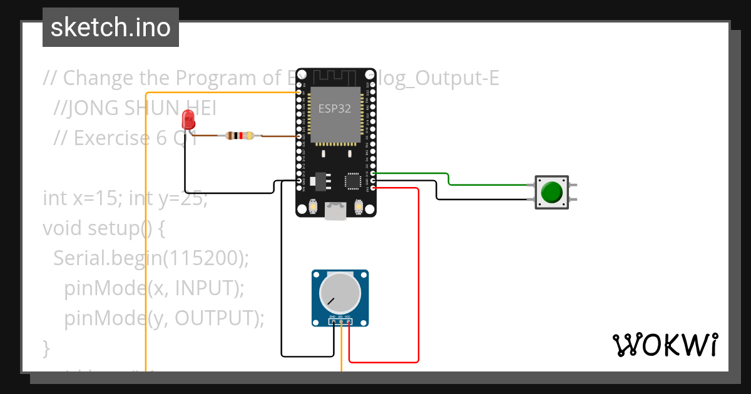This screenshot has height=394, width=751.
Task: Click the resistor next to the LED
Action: (x=240, y=135)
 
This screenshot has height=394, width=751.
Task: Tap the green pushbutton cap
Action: (x=551, y=192)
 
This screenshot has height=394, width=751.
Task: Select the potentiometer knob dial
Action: (x=340, y=293)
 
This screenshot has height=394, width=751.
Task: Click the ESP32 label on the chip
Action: (x=335, y=108)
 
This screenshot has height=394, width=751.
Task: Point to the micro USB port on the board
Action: (x=336, y=211)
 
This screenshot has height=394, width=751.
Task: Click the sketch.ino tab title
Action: (x=111, y=28)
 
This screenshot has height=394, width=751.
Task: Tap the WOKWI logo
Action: (x=665, y=345)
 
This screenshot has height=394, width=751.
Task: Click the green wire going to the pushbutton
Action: (x=488, y=184)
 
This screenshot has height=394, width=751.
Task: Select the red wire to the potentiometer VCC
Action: (x=417, y=281)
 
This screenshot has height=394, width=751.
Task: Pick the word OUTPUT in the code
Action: (x=213, y=318)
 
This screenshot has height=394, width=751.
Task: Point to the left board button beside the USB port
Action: (x=313, y=206)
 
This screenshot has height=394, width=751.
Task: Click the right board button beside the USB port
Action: (x=359, y=206)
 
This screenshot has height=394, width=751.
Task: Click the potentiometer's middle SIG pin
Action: (x=340, y=323)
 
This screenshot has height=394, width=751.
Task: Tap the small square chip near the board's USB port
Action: (x=352, y=181)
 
